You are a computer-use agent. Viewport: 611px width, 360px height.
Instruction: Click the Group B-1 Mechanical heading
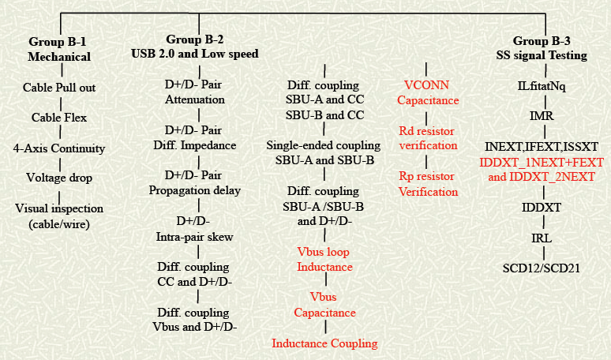(59, 50)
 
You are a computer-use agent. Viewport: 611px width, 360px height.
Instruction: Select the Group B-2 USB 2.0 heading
(195, 47)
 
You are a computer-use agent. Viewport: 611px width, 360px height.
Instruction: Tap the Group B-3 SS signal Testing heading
(545, 48)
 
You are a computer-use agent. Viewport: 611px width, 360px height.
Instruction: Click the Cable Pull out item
(59, 88)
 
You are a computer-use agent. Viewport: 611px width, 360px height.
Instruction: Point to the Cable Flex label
(59, 118)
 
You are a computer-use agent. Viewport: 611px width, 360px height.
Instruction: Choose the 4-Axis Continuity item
(59, 148)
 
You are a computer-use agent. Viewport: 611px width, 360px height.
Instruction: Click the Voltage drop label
(59, 178)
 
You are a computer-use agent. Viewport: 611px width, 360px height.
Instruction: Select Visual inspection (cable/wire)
(60, 215)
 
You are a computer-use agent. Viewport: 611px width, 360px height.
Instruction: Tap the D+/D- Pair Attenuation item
(195, 92)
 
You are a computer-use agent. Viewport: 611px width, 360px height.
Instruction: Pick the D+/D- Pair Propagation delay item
(195, 182)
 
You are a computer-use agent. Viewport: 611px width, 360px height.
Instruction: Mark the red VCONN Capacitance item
(427, 93)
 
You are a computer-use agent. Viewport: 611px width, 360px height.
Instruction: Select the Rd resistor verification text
(427, 137)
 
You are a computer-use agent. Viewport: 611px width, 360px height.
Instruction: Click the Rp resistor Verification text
(427, 183)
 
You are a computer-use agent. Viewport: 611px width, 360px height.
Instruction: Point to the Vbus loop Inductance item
(324, 259)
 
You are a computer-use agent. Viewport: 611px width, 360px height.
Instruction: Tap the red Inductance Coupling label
(324, 343)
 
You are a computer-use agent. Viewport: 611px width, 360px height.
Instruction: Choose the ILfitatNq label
(542, 85)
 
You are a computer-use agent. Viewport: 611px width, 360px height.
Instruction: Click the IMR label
(542, 116)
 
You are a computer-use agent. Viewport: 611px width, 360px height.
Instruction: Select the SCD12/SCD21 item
(542, 268)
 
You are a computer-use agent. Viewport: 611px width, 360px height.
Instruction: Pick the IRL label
(542, 237)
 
